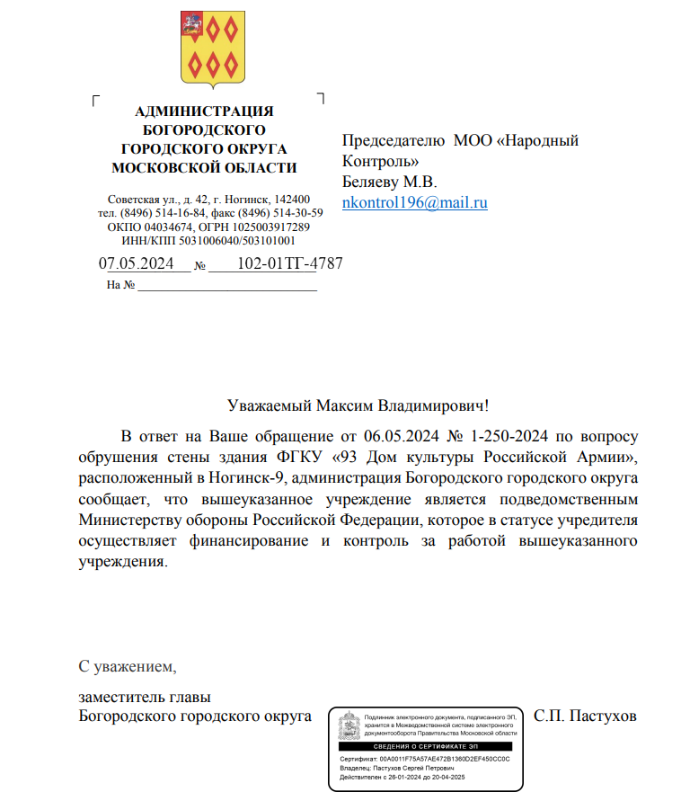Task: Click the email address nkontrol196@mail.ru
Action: point(415,202)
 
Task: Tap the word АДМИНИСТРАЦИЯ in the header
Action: point(204,111)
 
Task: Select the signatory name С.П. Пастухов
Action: point(585,716)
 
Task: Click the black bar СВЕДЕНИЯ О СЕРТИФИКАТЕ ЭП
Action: point(427,747)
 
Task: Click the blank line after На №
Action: point(227,286)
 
